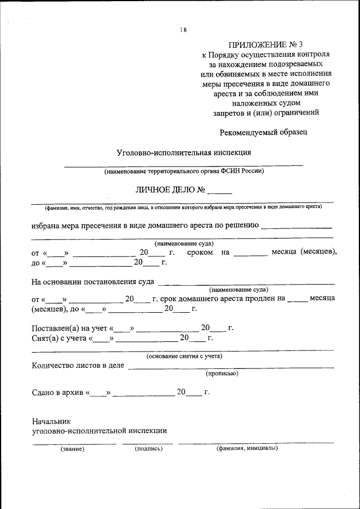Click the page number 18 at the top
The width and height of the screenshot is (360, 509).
(x=183, y=30)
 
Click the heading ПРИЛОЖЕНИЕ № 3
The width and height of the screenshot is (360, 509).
(x=266, y=44)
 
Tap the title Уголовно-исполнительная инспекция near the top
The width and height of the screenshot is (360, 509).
(x=183, y=152)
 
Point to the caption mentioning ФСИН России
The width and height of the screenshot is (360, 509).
(x=184, y=171)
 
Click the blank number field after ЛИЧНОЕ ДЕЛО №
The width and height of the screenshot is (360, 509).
(x=219, y=191)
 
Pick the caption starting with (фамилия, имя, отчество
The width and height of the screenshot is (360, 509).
(x=182, y=207)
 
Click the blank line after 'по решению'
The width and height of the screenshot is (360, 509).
(x=296, y=228)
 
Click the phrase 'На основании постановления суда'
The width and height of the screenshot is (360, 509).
(x=93, y=281)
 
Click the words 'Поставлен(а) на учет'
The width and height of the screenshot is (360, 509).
(x=70, y=328)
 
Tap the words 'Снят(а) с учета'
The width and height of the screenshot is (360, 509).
(x=61, y=338)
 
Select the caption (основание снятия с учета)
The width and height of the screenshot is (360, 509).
(x=184, y=355)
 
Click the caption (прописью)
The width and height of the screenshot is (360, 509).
(x=222, y=373)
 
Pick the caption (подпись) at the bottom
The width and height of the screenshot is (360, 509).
(x=148, y=449)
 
